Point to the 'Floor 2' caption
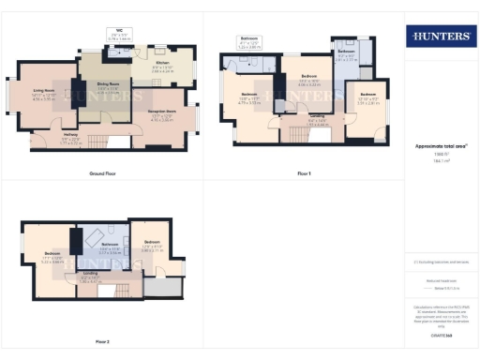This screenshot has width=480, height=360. [101, 341]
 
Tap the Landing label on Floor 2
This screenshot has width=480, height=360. [90, 278]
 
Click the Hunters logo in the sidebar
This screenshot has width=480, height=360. [439, 38]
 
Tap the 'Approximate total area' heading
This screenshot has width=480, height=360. [440, 146]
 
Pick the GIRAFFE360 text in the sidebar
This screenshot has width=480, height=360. [440, 334]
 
